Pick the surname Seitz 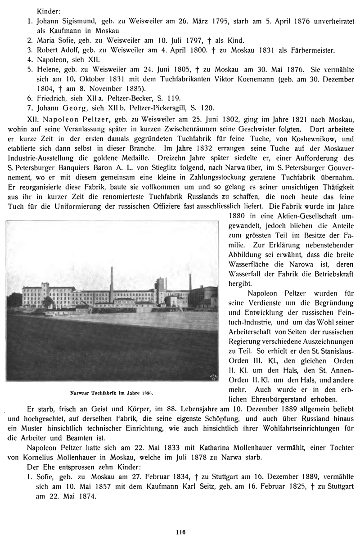pos(239,487)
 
